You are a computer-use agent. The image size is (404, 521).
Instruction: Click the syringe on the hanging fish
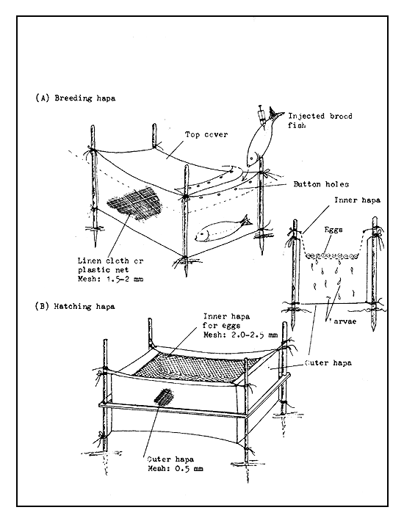point(262,114)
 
